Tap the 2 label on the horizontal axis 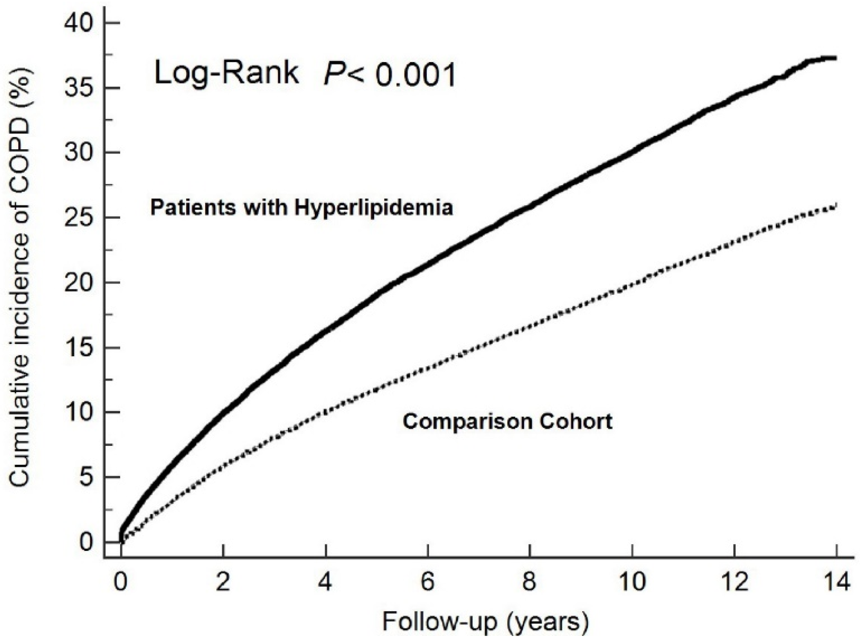tap(223, 583)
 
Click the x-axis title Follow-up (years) tap(485, 622)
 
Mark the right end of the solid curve tap(835, 58)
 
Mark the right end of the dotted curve tap(835, 206)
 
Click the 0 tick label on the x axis tap(121, 583)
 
